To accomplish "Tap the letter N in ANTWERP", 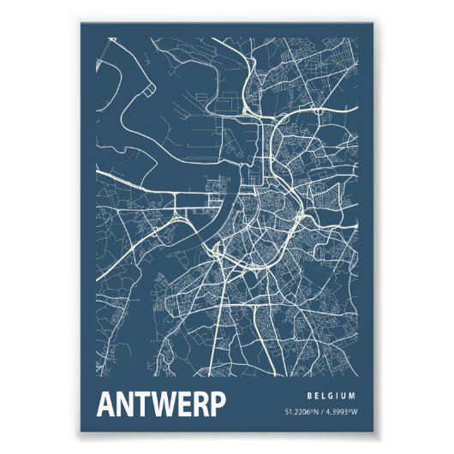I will pyautogui.click(x=126, y=404).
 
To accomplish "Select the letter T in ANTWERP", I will pyautogui.click(x=144, y=404).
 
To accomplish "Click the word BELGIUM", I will pyautogui.click(x=331, y=396).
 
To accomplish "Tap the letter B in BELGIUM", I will pyautogui.click(x=308, y=396).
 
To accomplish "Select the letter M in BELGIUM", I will pyautogui.click(x=353, y=396).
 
